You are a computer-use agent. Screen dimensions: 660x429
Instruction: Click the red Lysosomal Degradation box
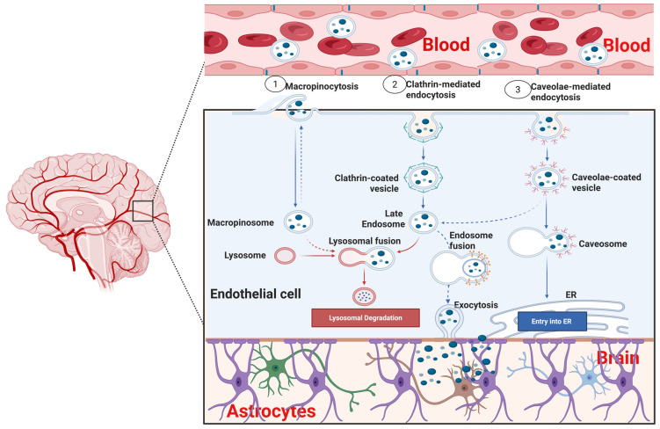(x=366, y=318)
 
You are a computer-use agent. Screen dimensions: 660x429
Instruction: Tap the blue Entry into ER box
(x=551, y=321)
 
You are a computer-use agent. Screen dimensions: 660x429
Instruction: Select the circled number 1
(x=275, y=84)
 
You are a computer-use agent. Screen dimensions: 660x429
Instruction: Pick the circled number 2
(x=395, y=84)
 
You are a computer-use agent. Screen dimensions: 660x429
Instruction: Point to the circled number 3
(x=518, y=90)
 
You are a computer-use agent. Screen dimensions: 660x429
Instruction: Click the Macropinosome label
(x=240, y=222)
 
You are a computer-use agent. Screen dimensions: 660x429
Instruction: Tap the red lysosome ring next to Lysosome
(x=285, y=256)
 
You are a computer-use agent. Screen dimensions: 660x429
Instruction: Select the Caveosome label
(x=603, y=244)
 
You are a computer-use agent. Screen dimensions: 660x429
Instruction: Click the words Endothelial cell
(x=256, y=294)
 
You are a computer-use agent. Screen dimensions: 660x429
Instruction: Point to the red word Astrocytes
(x=271, y=411)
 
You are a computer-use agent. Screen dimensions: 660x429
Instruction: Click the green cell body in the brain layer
(x=275, y=367)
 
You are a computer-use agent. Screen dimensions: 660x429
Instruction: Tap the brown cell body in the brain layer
(x=464, y=387)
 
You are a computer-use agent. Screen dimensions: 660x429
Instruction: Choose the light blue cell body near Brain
(x=589, y=378)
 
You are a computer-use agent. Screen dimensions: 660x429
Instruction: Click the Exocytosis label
(x=475, y=305)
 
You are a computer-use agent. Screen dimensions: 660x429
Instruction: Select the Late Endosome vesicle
(x=424, y=222)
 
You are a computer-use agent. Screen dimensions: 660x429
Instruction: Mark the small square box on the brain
(x=142, y=211)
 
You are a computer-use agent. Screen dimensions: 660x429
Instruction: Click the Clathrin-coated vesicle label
(x=366, y=183)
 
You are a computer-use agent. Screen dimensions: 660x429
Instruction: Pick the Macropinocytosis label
(x=322, y=86)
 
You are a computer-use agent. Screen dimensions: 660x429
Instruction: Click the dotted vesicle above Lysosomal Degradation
(x=364, y=296)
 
